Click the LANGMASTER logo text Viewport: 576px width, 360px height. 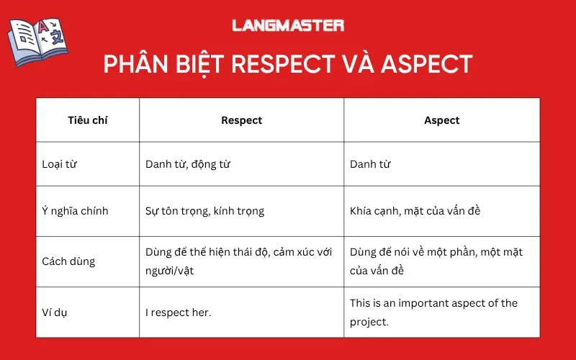click(x=288, y=25)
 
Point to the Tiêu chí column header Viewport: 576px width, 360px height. click(x=88, y=120)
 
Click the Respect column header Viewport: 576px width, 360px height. click(x=241, y=120)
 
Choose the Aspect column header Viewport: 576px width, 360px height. click(x=441, y=120)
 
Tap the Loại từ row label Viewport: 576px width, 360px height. click(x=60, y=164)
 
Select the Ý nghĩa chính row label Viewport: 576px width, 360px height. click(x=75, y=211)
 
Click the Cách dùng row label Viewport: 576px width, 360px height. click(x=69, y=261)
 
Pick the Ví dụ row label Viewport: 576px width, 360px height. click(x=56, y=312)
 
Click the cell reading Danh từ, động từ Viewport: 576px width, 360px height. click(x=188, y=164)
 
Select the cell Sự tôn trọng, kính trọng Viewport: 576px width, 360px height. click(x=204, y=211)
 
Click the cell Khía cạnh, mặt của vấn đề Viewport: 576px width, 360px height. click(x=415, y=211)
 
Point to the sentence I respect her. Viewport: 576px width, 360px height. click(x=179, y=312)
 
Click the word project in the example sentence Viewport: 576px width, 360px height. click(x=369, y=322)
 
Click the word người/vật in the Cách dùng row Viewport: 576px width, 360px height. click(x=169, y=271)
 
